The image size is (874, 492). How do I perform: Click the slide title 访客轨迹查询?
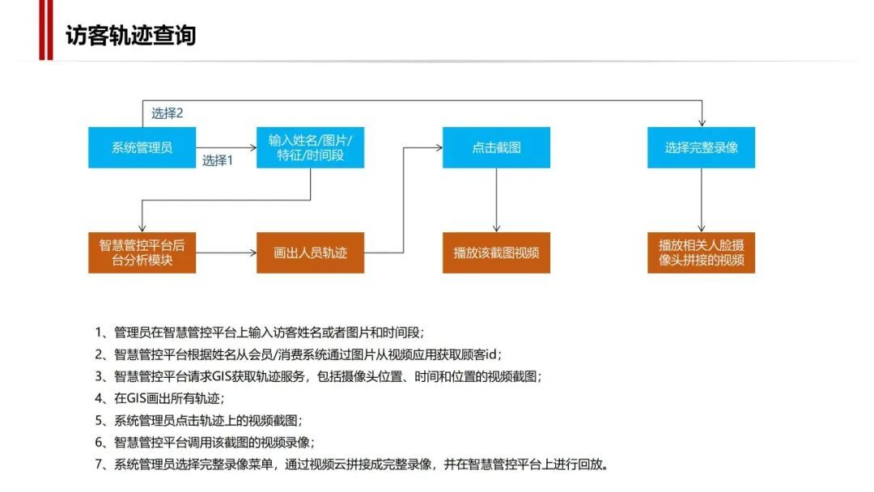click(x=130, y=36)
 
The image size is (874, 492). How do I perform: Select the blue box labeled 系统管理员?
click(x=142, y=147)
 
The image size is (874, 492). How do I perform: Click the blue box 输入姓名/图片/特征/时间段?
click(x=311, y=147)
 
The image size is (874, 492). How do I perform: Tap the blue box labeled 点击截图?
click(x=496, y=147)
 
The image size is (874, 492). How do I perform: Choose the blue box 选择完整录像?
click(x=701, y=147)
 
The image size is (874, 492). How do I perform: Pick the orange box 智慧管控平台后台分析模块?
click(x=142, y=253)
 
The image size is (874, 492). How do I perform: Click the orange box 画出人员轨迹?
click(x=311, y=253)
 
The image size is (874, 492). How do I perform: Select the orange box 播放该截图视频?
click(x=496, y=253)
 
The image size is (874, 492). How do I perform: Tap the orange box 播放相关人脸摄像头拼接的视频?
click(x=701, y=253)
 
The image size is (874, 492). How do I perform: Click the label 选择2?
click(x=168, y=113)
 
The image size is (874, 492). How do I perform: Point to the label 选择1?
click(x=218, y=160)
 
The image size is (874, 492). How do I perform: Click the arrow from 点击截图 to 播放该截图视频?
click(x=496, y=200)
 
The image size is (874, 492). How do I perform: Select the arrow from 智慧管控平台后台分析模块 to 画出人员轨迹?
click(x=227, y=253)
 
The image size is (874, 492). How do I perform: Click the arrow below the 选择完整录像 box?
click(x=701, y=200)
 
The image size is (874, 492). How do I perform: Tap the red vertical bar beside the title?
click(x=45, y=29)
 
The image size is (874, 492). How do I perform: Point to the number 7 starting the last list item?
click(x=99, y=464)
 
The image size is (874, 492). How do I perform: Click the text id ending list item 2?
click(x=491, y=354)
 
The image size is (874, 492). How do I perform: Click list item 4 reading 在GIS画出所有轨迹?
click(x=159, y=398)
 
